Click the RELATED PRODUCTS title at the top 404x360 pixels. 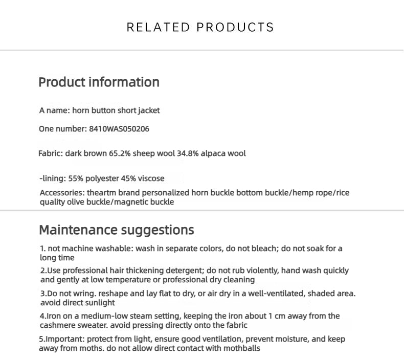(200, 27)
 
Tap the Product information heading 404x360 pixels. (99, 82)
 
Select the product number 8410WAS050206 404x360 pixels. (119, 129)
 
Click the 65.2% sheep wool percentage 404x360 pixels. (120, 153)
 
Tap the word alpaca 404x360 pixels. (212, 153)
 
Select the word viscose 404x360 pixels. (150, 178)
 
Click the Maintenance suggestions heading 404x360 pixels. (117, 230)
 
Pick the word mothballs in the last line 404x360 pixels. (240, 348)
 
